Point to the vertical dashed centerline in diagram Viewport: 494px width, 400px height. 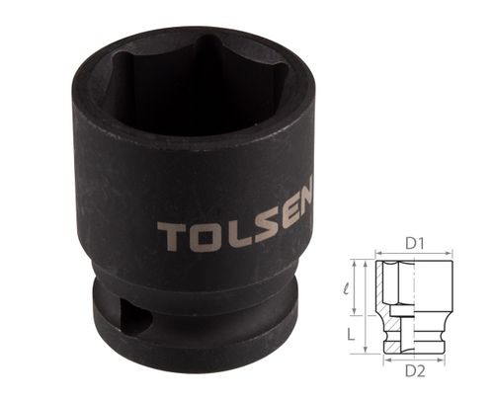point(415,306)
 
